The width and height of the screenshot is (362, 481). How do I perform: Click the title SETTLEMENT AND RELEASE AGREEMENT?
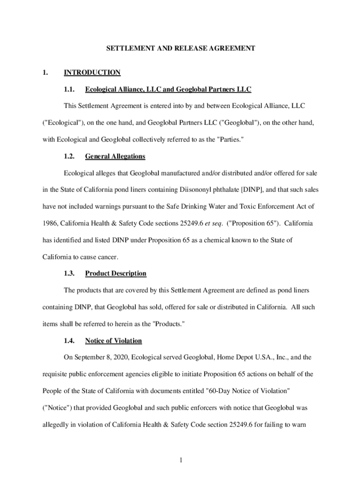(181, 48)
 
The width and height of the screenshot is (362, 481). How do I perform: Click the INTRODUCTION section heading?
(92, 72)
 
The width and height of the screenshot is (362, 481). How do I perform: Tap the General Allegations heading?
(115, 156)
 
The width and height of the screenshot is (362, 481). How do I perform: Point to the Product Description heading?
(116, 273)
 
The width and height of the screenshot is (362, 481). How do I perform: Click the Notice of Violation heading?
(113, 341)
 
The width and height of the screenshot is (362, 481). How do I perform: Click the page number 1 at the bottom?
(181, 460)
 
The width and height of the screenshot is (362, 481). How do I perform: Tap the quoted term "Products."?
(166, 324)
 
